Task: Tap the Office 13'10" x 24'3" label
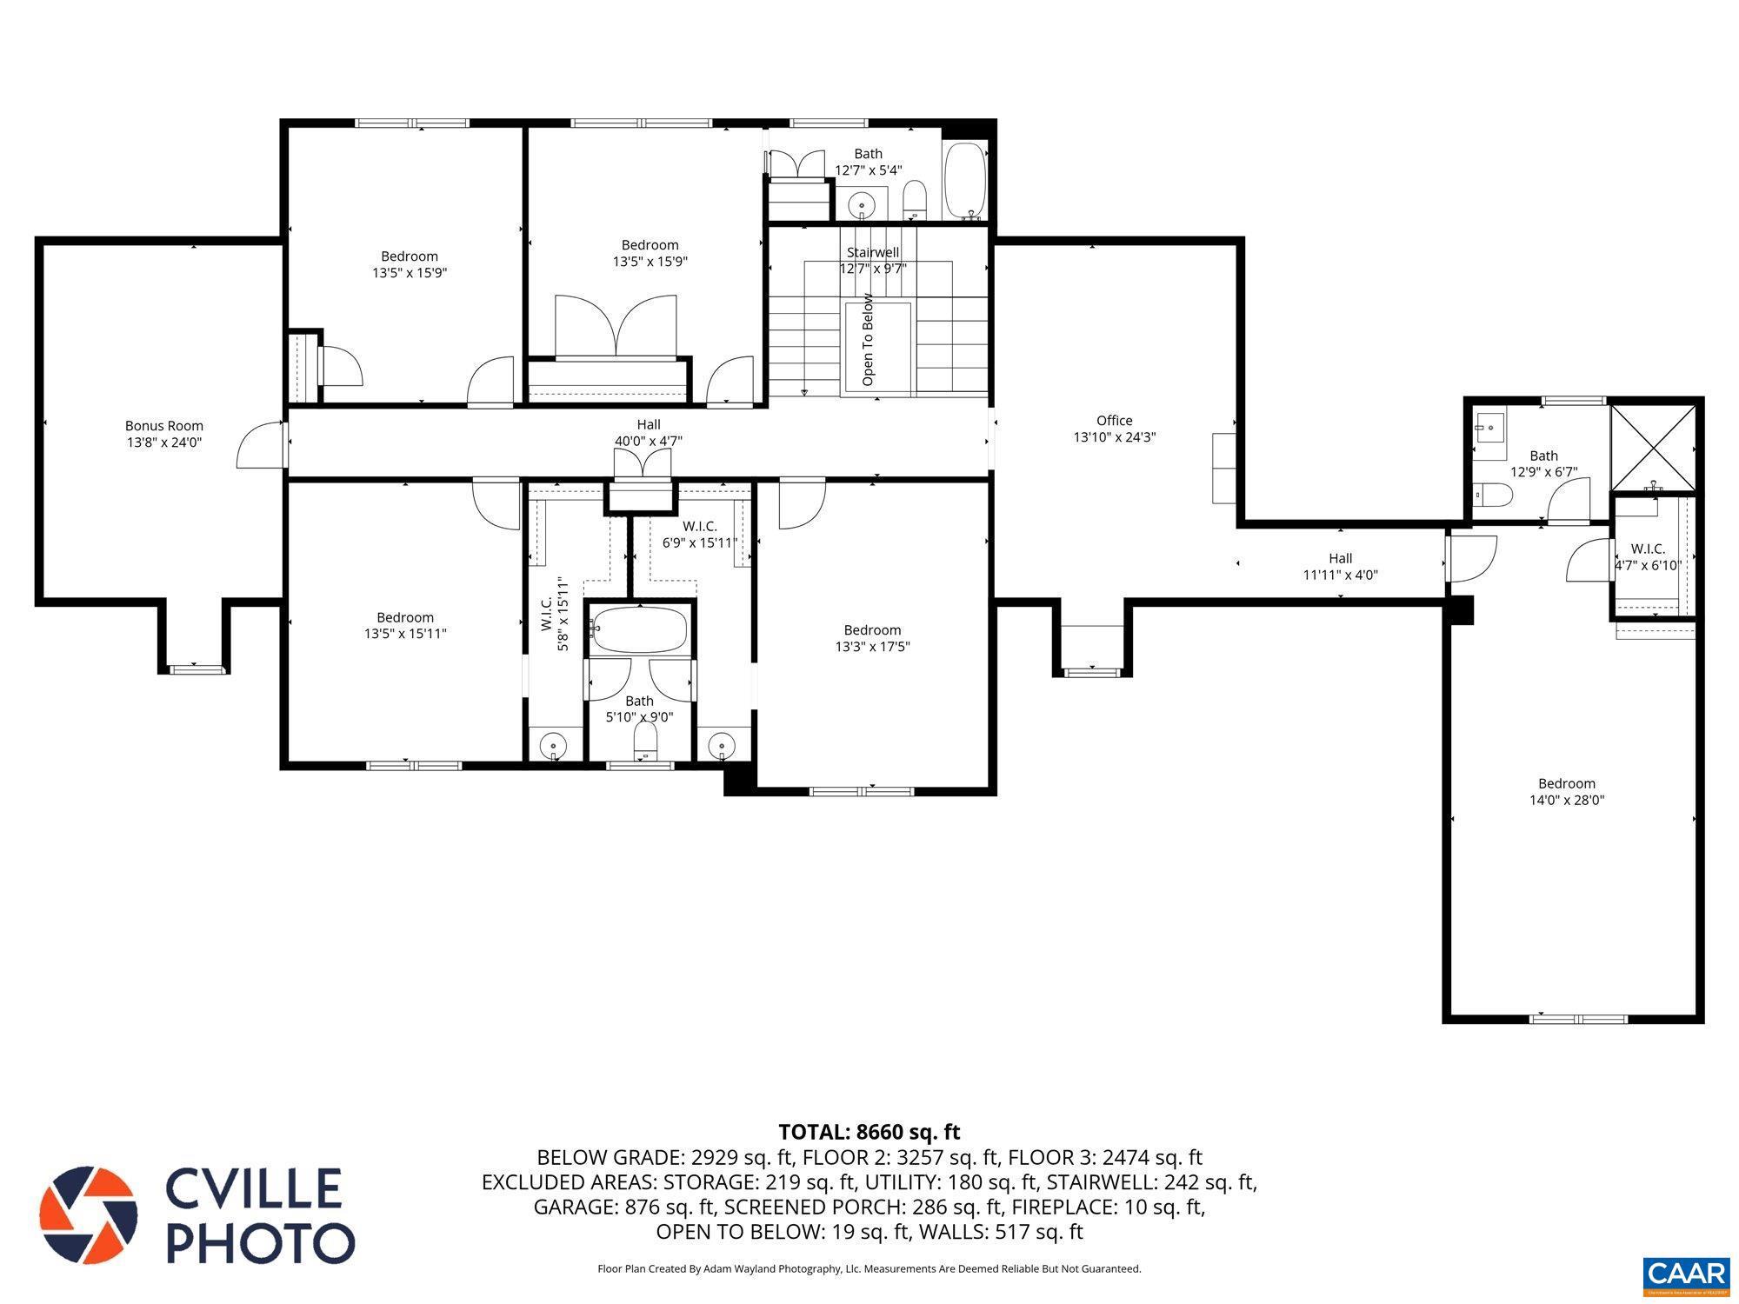(1114, 429)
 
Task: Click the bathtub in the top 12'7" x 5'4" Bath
(964, 181)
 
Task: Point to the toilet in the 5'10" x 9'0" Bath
(644, 741)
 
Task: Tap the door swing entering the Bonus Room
(259, 445)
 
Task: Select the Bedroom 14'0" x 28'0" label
(1566, 791)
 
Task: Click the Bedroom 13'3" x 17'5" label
(872, 638)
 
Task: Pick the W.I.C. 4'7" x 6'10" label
(1648, 556)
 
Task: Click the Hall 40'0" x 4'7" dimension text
(648, 441)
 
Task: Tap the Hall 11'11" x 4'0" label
(1340, 566)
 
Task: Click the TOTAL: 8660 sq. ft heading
(869, 1132)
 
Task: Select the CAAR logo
(1686, 1274)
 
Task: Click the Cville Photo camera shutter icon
(89, 1214)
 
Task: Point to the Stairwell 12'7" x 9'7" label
(872, 260)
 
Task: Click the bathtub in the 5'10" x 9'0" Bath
(640, 629)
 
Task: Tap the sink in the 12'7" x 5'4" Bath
(862, 203)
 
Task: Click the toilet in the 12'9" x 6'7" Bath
(1496, 495)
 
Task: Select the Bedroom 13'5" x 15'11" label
(405, 625)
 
